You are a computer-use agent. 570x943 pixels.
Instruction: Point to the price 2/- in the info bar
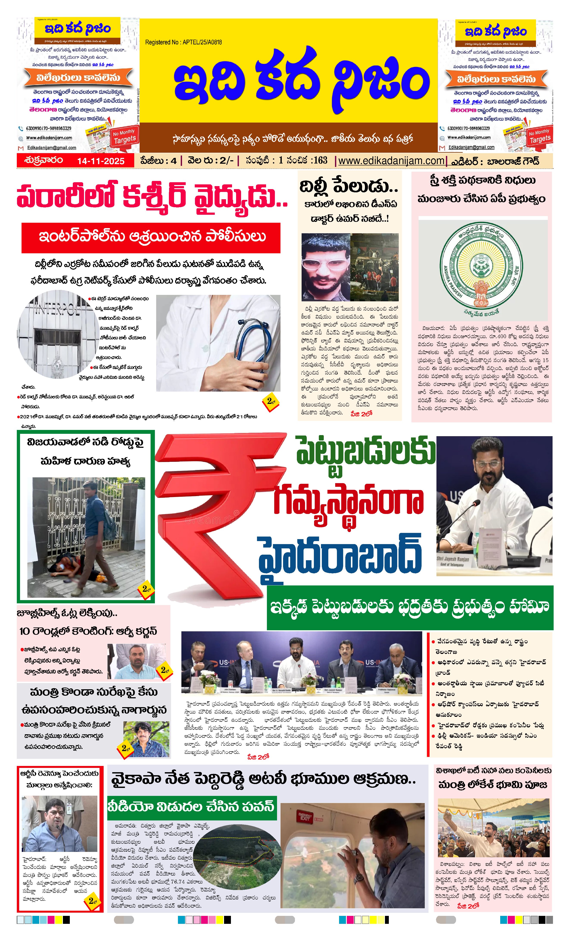226,161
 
